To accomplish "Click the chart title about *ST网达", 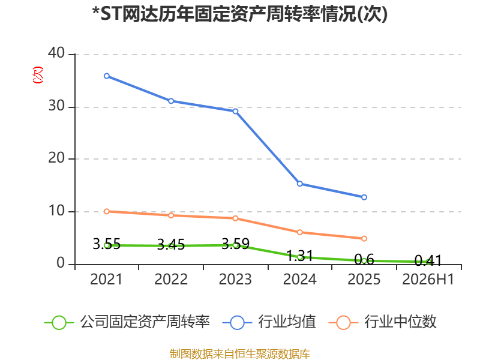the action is click(239, 14).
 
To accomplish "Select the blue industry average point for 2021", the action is click(107, 76).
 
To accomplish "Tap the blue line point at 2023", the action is click(235, 111).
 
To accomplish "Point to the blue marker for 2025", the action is click(364, 197).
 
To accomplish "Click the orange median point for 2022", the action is click(171, 215).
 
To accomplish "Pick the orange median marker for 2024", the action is click(299, 232).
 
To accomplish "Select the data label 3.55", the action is click(107, 244).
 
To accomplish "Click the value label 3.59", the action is click(235, 244).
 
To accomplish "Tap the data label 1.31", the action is click(299, 256).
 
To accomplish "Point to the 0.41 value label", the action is click(428, 260).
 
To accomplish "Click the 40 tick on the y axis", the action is click(56, 53).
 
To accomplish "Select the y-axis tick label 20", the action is click(56, 158).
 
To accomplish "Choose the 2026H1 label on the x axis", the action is click(428, 279).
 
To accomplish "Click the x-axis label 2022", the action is click(171, 279).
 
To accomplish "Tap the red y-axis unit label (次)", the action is click(38, 75).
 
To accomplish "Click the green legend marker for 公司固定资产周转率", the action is click(59, 323).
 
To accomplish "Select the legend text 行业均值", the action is click(287, 322).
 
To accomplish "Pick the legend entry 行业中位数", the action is click(382, 322).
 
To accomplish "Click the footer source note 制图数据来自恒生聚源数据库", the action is click(239, 354).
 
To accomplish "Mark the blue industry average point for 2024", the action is click(299, 184).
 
